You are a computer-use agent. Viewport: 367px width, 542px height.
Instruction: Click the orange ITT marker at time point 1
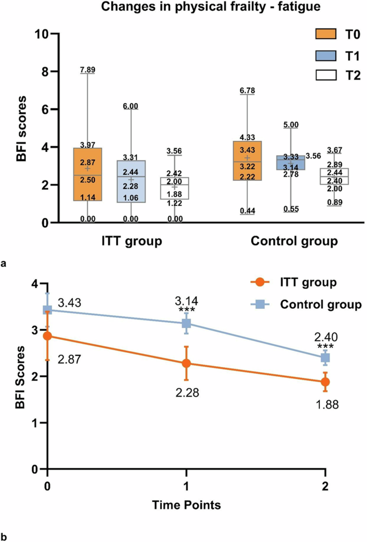[186, 363]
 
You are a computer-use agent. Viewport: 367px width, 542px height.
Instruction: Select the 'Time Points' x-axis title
[186, 504]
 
